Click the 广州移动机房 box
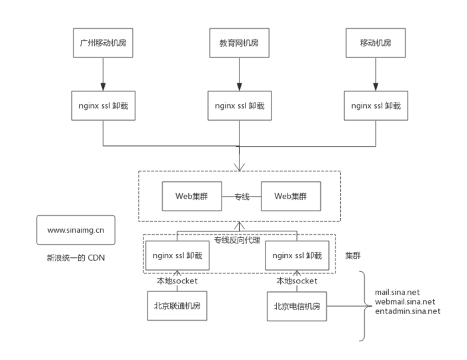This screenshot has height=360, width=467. click(x=103, y=43)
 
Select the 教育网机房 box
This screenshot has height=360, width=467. click(x=238, y=43)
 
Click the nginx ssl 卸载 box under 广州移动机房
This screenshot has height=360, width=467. click(x=103, y=106)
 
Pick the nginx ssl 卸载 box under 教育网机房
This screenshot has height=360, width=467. click(x=238, y=106)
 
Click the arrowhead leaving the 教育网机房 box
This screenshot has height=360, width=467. click(x=238, y=86)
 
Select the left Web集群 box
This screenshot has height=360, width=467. click(x=193, y=197)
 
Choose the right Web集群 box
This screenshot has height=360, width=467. click(x=290, y=197)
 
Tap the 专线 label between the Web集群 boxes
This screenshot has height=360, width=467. click(x=242, y=197)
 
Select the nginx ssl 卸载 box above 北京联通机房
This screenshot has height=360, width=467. click(x=177, y=255)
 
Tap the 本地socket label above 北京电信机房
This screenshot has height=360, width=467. click(x=297, y=281)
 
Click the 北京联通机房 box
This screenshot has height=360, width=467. click(x=177, y=307)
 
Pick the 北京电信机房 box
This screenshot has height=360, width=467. click(x=297, y=307)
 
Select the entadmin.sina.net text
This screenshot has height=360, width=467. click(x=408, y=311)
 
